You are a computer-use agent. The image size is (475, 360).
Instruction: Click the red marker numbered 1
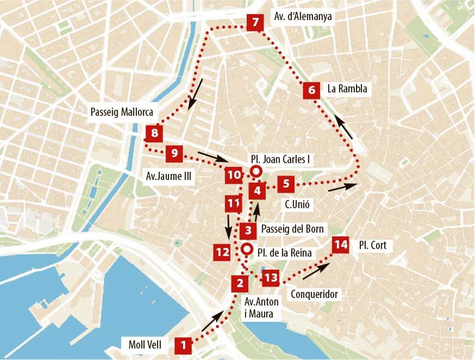click(183, 345)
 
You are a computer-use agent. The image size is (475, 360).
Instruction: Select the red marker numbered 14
click(340, 246)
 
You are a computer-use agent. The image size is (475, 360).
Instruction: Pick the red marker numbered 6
click(311, 91)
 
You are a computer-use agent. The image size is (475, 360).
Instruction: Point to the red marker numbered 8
click(154, 133)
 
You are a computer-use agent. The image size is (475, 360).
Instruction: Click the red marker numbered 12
click(222, 252)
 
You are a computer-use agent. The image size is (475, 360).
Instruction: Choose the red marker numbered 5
click(286, 184)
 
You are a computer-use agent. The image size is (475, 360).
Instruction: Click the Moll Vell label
click(145, 345)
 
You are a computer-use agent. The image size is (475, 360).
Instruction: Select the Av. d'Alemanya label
click(303, 17)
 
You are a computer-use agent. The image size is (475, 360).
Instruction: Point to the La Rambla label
click(347, 89)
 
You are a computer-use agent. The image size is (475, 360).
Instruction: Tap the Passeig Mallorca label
click(122, 112)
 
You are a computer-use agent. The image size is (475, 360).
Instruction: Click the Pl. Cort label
click(372, 246)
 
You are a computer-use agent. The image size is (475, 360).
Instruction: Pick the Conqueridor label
click(314, 294)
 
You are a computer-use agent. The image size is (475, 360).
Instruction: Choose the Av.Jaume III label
click(169, 177)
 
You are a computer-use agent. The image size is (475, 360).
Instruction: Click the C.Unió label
click(296, 204)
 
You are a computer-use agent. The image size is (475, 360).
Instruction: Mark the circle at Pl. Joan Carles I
click(256, 171)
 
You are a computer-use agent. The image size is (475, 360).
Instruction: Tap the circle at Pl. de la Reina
click(247, 249)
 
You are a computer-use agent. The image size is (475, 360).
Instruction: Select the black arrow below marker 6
click(344, 126)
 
